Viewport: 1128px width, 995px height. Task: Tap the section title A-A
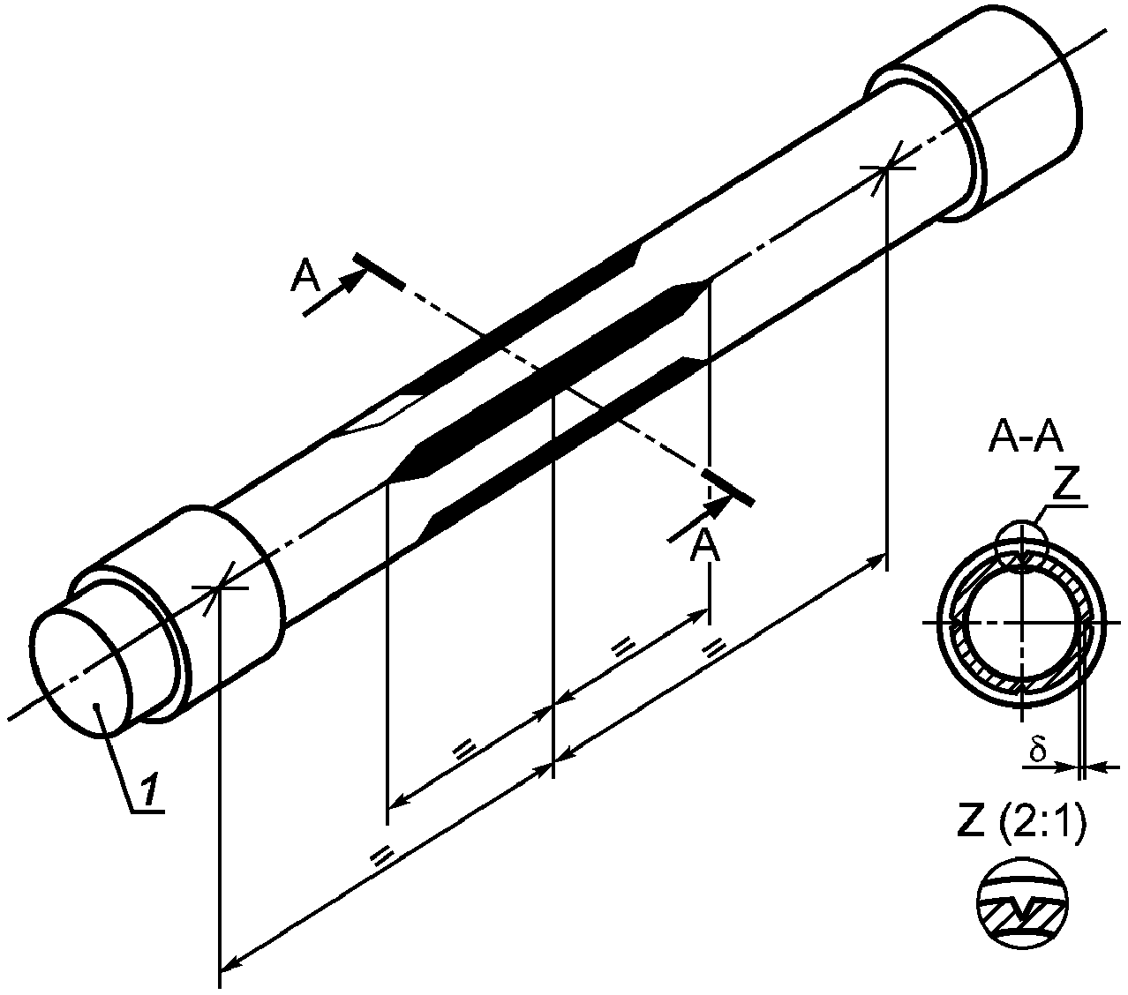coord(1026,438)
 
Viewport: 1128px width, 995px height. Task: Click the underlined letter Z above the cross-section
coord(1065,485)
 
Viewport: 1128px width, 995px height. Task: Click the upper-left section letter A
coord(305,275)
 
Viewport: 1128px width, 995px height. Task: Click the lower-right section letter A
coord(704,546)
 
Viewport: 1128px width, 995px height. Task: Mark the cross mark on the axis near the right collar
coord(887,167)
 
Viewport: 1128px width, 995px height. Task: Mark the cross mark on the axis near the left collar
coord(220,587)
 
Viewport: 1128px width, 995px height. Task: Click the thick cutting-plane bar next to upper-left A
coord(380,271)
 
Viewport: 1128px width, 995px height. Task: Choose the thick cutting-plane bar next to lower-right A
coord(728,488)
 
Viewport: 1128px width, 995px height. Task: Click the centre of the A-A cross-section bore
coord(1022,623)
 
